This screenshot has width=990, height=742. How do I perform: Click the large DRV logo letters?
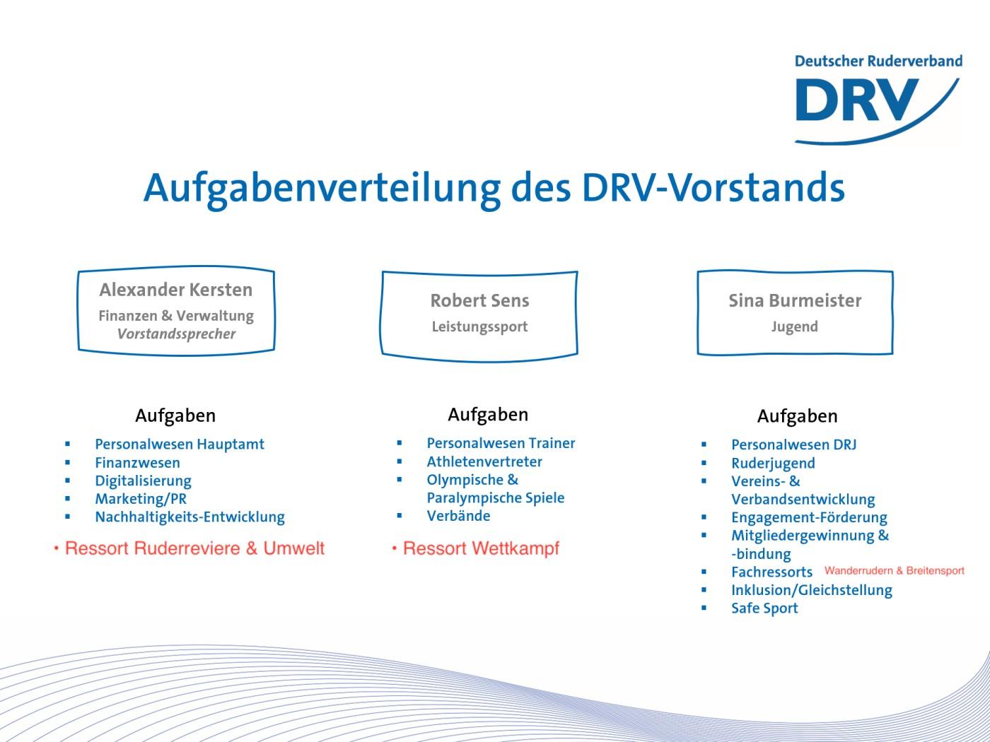(857, 100)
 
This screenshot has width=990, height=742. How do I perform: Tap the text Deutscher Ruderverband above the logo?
(878, 61)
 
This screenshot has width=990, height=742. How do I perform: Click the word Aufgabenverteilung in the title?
(322, 189)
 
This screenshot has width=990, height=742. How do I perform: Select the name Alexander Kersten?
(176, 290)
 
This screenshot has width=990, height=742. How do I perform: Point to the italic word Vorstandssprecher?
(176, 334)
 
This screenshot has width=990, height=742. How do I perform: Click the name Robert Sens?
(479, 300)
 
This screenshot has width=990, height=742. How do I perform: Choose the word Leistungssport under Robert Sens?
(479, 326)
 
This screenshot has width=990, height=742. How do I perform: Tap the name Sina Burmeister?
(795, 300)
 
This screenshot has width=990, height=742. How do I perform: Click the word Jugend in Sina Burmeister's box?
(795, 326)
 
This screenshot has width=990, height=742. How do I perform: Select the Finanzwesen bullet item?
(138, 463)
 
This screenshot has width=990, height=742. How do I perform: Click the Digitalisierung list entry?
(143, 481)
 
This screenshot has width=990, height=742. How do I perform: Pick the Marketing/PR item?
(141, 499)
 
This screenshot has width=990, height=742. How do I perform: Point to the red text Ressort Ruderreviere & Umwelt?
(194, 548)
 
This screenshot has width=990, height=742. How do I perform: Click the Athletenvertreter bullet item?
(484, 461)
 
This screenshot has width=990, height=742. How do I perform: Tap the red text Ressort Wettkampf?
(481, 549)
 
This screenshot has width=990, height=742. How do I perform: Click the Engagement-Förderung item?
(809, 518)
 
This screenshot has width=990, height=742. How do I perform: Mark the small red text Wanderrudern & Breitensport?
(895, 571)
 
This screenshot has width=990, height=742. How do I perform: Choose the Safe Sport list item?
(764, 608)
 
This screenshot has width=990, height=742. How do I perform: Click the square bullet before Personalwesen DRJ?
(704, 444)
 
